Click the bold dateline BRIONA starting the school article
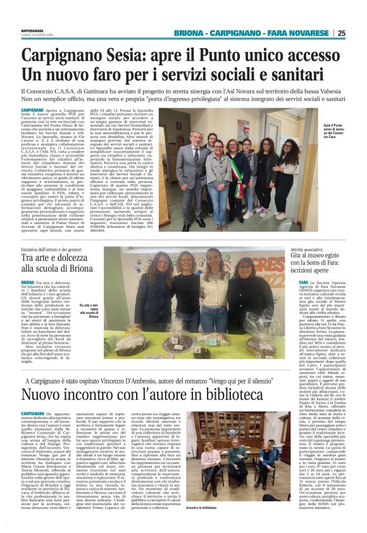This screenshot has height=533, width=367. tap(27, 280)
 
